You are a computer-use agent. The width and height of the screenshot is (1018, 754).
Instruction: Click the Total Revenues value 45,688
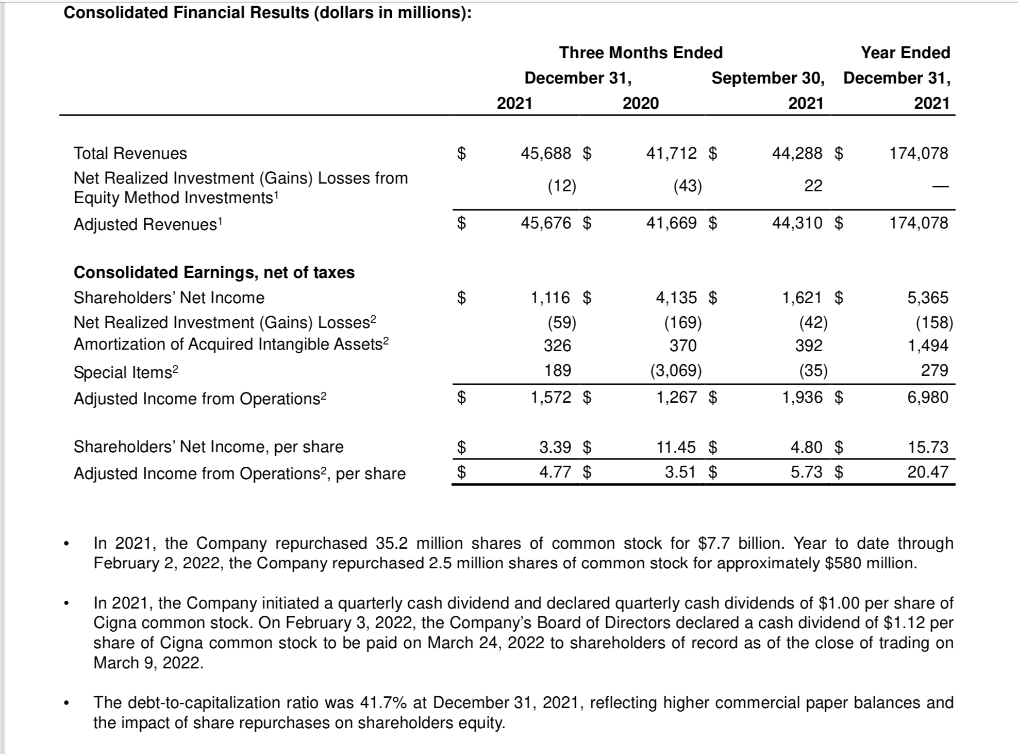(546, 153)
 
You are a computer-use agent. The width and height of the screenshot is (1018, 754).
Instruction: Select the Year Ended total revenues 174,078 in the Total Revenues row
(919, 153)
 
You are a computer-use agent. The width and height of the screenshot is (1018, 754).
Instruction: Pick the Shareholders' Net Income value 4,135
(676, 298)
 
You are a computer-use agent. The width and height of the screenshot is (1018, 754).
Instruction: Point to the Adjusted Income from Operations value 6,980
(927, 397)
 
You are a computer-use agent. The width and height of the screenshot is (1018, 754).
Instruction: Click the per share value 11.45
(676, 447)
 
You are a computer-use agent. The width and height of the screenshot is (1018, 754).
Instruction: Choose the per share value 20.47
(927, 472)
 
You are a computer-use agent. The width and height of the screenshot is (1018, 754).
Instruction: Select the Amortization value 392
(809, 346)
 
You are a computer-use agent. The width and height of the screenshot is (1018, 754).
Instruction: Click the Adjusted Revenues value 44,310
(797, 223)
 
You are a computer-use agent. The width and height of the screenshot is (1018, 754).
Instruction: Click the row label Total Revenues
(130, 153)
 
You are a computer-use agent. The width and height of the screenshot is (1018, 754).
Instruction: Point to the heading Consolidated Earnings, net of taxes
(214, 272)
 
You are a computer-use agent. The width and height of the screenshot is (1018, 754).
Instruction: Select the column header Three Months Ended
(641, 53)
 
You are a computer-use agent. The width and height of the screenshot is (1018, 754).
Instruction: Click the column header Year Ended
(905, 53)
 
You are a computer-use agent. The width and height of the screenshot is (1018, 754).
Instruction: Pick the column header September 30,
(767, 78)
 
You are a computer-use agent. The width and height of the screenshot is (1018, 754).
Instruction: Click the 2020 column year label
(641, 103)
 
